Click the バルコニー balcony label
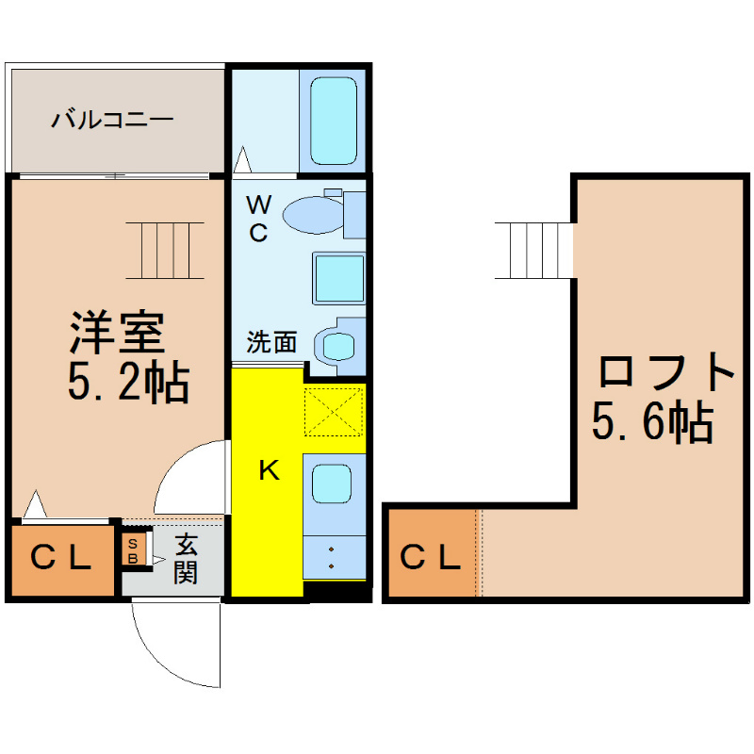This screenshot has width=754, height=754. [x=112, y=119]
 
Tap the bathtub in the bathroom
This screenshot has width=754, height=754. [x=334, y=121]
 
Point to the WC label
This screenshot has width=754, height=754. [x=258, y=219]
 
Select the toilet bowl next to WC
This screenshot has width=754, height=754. [x=314, y=215]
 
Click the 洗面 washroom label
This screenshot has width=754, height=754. [x=271, y=342]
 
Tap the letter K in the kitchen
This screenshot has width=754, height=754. [x=269, y=469]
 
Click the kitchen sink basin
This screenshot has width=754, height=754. [x=332, y=484]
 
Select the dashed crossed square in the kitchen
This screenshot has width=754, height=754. [x=334, y=412]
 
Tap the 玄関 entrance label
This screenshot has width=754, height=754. [x=186, y=559]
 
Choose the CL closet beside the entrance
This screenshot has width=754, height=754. [x=61, y=559]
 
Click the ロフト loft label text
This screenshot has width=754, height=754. [x=666, y=371]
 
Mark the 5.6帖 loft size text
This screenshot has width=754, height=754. [x=652, y=421]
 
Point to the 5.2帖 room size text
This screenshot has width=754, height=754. [x=128, y=382]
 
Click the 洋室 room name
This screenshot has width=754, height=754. [x=118, y=333]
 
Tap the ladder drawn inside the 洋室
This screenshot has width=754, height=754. [x=165, y=251]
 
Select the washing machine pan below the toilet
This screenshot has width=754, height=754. [x=338, y=278]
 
